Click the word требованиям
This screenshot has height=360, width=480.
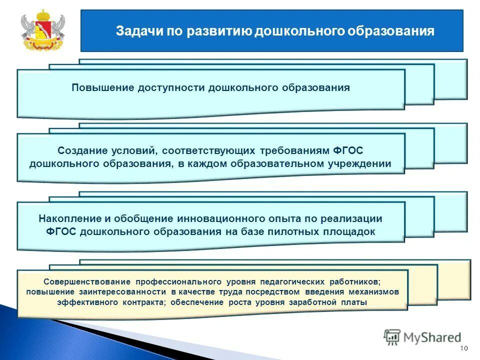click(296, 150)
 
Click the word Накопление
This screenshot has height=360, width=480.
click(67, 218)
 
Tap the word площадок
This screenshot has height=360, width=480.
click(351, 231)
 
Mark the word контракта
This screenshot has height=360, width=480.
click(144, 302)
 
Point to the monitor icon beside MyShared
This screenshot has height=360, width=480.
click(392, 337)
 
